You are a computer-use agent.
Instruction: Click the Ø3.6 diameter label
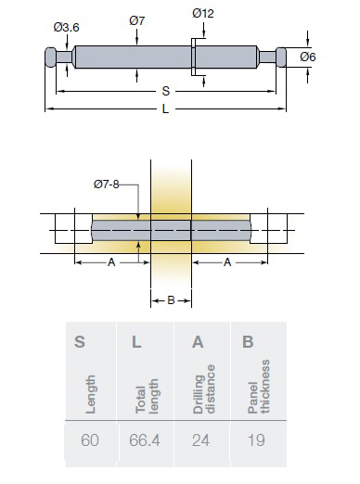coord(66,28)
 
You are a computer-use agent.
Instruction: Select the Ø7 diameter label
coord(137,20)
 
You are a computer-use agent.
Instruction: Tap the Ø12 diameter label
coord(203,13)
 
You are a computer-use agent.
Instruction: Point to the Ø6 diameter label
coord(308,57)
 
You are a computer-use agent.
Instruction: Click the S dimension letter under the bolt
coord(166,91)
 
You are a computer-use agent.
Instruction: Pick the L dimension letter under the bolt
coord(165,108)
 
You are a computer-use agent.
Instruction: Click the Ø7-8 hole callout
coord(107,185)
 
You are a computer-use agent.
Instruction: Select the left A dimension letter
coord(111,262)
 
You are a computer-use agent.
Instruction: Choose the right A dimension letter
coord(227,262)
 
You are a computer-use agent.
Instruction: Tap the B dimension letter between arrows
coord(171,300)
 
